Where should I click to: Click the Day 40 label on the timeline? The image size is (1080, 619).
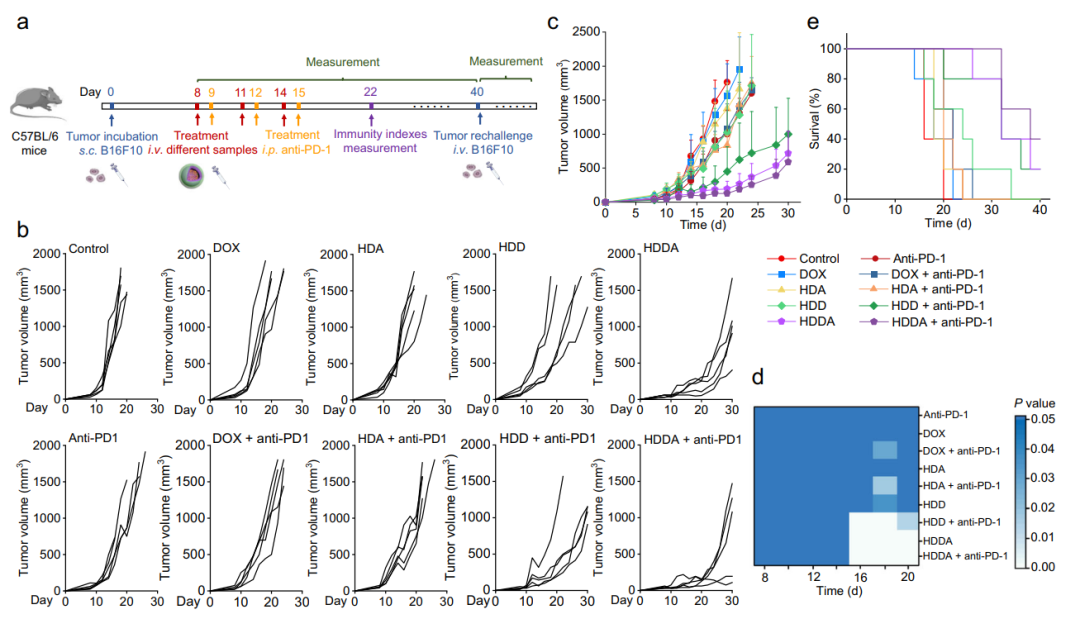click(477, 91)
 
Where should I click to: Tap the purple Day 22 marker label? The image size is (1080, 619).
click(370, 91)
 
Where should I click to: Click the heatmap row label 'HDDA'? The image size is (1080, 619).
click(938, 538)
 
